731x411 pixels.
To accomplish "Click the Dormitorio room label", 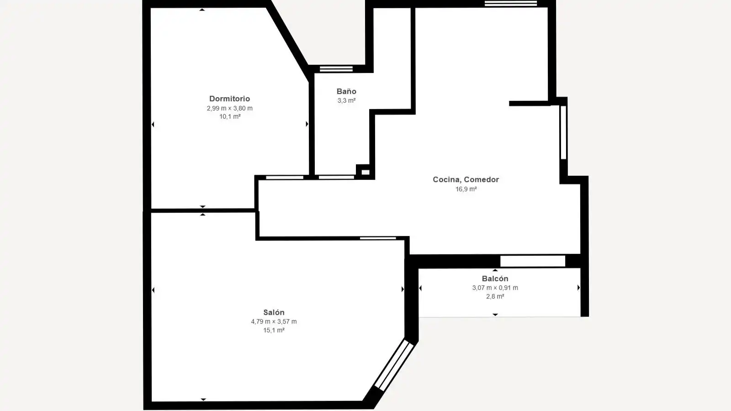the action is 229,99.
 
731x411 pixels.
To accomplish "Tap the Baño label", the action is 346,91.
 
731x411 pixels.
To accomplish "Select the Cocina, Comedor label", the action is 466,179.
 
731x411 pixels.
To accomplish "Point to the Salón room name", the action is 274,312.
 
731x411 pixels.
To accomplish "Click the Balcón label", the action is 495,279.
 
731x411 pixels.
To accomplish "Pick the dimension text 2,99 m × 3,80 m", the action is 229,108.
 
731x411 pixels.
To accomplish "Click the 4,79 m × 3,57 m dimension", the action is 274,321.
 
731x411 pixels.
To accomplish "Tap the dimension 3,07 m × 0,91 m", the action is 495,288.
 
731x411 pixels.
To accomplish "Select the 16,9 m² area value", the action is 466,189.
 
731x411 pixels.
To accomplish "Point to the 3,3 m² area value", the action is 346,100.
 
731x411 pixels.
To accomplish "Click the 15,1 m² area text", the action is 274,330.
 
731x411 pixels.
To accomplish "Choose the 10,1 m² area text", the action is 230,116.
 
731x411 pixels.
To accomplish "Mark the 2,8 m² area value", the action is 495,296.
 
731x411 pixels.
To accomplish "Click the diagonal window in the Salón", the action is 394,365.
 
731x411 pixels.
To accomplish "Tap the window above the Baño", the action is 336,69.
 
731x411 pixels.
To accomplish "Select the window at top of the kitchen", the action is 511,3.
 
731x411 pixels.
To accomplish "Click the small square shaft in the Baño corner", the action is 365,172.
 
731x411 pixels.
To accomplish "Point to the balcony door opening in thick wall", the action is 533,261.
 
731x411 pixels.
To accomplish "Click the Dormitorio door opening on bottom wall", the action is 285,178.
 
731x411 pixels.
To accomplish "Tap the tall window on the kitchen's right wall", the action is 563,132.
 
